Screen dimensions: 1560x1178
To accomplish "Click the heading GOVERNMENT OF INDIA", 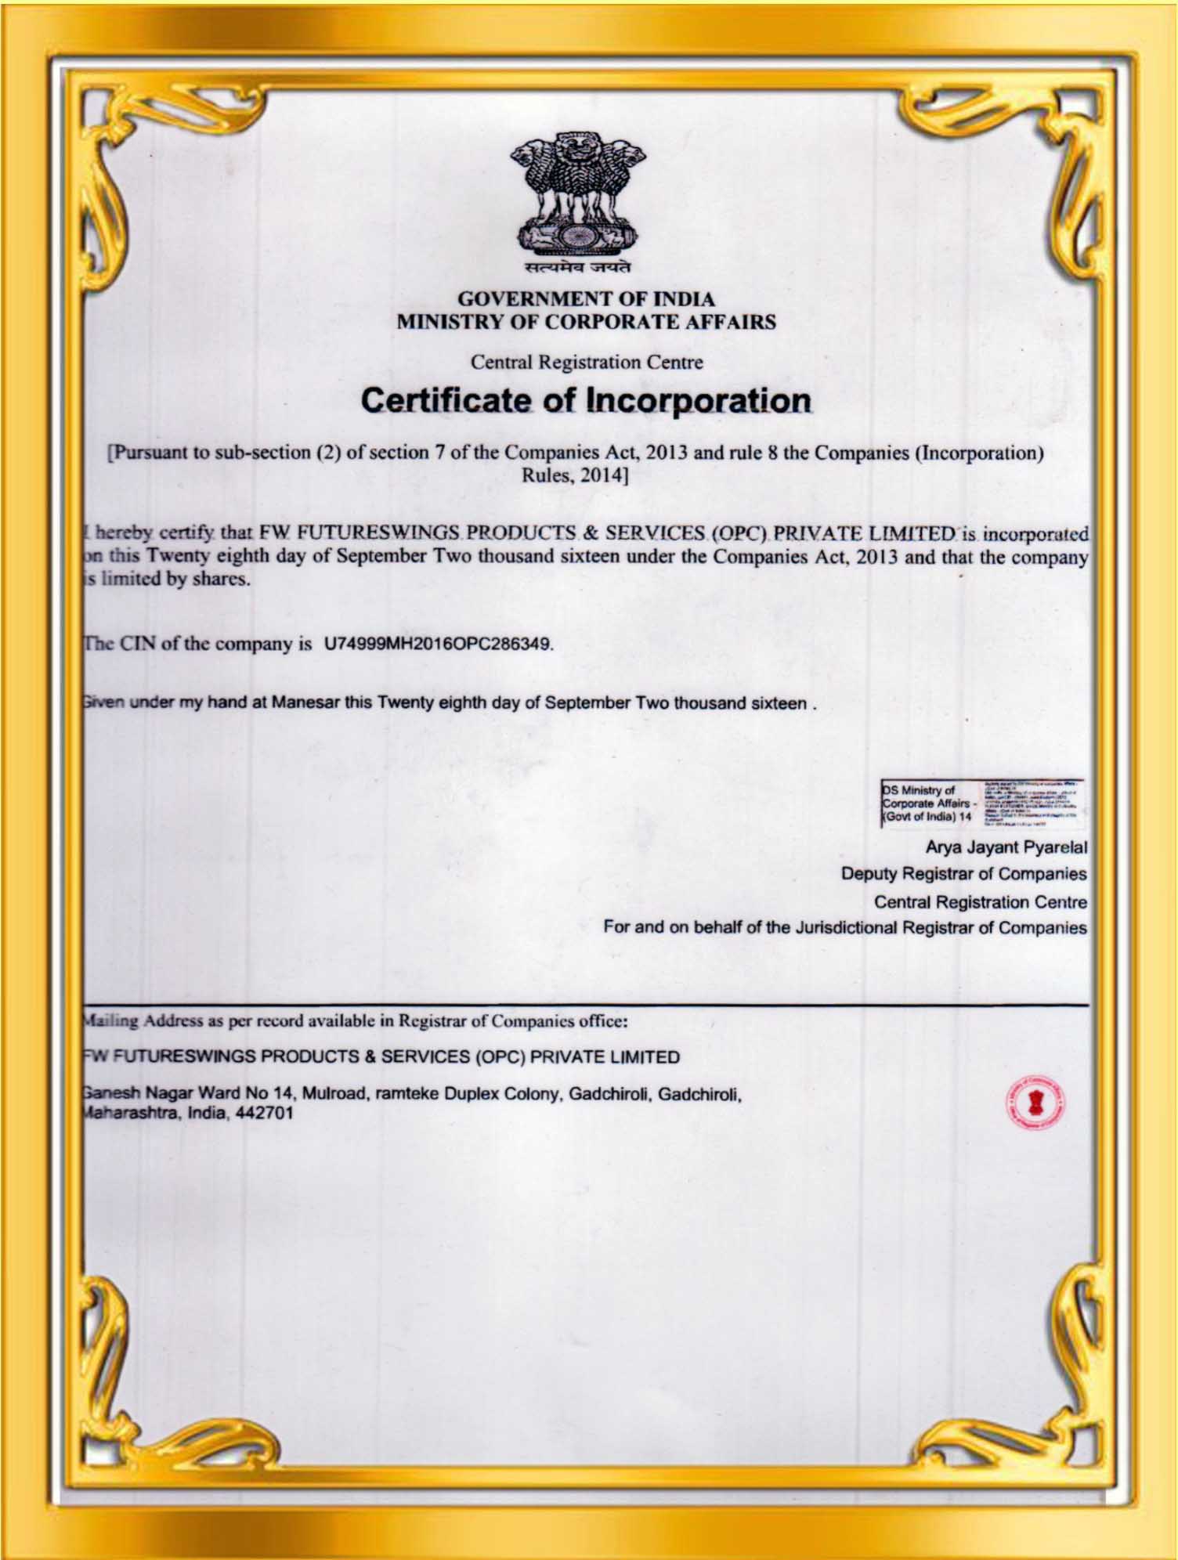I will point(586,299).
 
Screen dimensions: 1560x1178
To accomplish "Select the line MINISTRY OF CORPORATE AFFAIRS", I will point(586,322).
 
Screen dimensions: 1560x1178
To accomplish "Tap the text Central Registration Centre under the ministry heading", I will point(587,363).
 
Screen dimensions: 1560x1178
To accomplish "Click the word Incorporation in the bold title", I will point(699,401).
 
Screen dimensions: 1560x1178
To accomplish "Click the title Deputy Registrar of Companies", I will point(963,873).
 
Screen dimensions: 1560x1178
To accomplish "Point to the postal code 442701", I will point(265,1113).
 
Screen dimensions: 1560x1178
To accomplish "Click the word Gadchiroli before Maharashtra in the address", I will point(699,1093).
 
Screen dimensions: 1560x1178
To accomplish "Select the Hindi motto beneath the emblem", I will point(579,269).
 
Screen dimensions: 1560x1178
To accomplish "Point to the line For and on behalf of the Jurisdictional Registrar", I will point(844,928).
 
